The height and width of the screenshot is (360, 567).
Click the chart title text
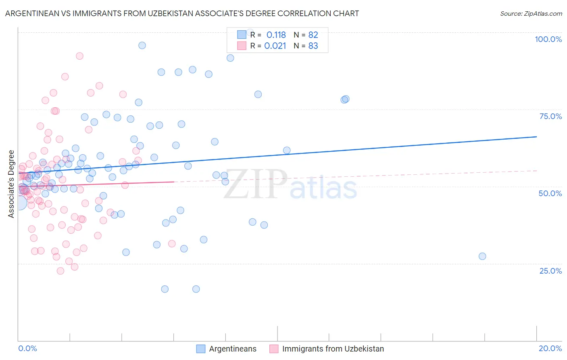pyautogui.click(x=182, y=13)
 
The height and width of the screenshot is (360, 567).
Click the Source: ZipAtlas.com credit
pyautogui.click(x=531, y=13)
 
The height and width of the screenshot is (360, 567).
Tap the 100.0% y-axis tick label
pyautogui.click(x=548, y=39)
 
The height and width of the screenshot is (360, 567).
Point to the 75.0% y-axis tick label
pyautogui.click(x=550, y=116)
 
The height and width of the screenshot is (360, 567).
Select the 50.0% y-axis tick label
pyautogui.click(x=550, y=193)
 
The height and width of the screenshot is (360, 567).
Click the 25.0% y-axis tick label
pyautogui.click(x=550, y=270)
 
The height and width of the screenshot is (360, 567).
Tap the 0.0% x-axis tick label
pyautogui.click(x=27, y=348)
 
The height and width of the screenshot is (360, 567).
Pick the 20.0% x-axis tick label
pyautogui.click(x=550, y=348)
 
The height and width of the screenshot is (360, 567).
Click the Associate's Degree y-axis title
pyautogui.click(x=11, y=184)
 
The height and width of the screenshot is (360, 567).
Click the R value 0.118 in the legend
pyautogui.click(x=276, y=35)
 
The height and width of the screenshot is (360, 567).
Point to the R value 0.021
pyautogui.click(x=275, y=46)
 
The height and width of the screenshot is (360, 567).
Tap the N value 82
pyautogui.click(x=313, y=35)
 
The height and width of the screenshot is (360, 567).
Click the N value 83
pyautogui.click(x=313, y=46)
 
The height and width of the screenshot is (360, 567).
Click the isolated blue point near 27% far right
pyautogui.click(x=482, y=256)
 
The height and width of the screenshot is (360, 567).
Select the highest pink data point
pyautogui.click(x=79, y=56)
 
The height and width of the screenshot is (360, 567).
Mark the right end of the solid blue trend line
pyautogui.click(x=536, y=137)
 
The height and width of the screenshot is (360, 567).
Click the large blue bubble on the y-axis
pyautogui.click(x=19, y=202)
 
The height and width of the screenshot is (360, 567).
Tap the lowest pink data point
pyautogui.click(x=60, y=271)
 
